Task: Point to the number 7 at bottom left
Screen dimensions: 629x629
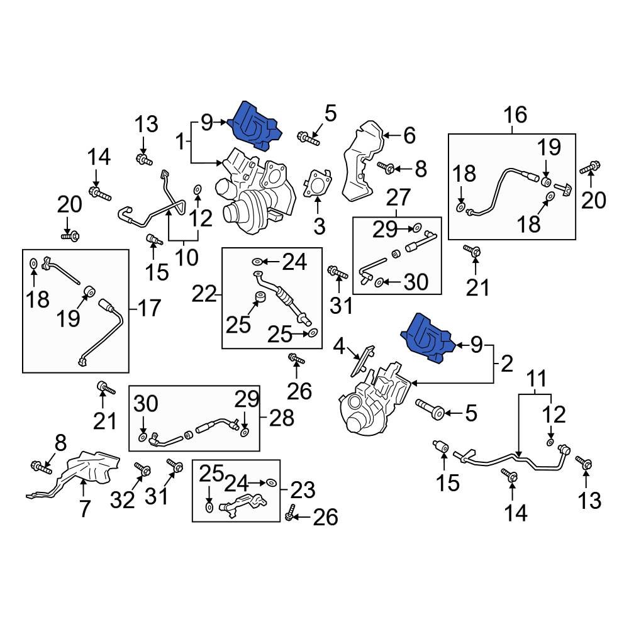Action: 84,508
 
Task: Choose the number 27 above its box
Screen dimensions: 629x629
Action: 397,198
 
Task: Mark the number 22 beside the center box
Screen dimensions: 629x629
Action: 203,293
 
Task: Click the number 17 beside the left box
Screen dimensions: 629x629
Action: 148,308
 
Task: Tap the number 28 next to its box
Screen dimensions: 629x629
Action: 281,418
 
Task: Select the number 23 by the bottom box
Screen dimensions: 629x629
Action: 302,489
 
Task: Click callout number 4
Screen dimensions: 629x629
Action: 339,346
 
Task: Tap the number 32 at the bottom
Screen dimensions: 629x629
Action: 123,499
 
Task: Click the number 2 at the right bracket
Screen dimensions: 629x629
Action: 508,363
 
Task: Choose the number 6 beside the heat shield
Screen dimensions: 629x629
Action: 409,135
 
